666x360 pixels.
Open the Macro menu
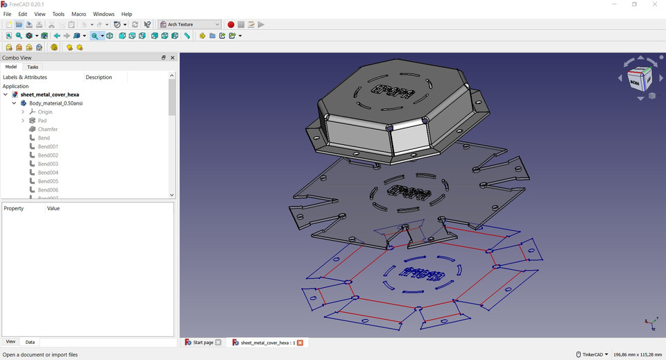coord(78,14)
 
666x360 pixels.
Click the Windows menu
coord(103,14)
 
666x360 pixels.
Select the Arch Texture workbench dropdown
coord(189,24)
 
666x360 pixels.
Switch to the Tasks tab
coord(33,67)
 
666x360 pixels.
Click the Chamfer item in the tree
coord(47,129)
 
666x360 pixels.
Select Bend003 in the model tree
coord(48,164)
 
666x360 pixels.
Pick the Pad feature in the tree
coord(42,121)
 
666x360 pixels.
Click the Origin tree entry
coord(45,112)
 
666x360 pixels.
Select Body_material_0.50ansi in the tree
coord(55,103)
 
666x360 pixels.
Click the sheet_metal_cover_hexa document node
coord(49,94)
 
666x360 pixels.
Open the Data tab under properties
coord(30,342)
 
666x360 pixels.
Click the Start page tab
coord(203,343)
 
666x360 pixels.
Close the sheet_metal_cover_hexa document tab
coord(300,343)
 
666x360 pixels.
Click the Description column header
coord(99,78)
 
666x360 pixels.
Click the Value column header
coord(53,208)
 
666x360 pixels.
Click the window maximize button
coord(634,4)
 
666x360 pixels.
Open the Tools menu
coord(58,14)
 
